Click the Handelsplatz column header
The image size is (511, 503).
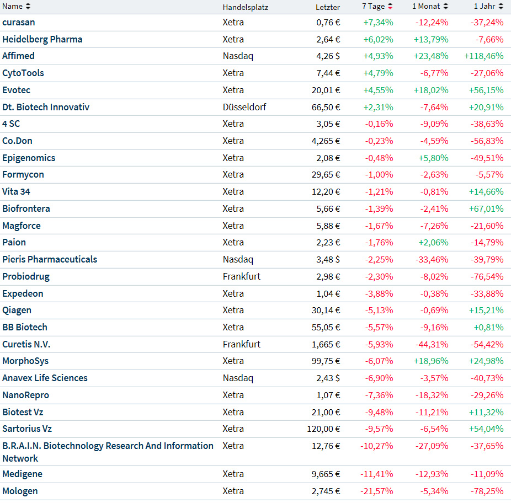[245, 7]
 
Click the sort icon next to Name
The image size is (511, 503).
[28, 7]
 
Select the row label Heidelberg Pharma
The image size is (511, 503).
[42, 39]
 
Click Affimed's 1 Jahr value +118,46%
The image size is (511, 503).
[484, 56]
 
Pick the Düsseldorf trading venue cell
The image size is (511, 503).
[244, 107]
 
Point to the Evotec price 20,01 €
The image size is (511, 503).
[326, 90]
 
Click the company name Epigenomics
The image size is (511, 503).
[29, 158]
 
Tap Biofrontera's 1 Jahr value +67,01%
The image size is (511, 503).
[486, 208]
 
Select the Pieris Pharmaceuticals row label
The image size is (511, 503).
[50, 259]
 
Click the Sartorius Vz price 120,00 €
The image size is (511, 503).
[323, 429]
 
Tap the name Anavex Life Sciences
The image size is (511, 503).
[45, 378]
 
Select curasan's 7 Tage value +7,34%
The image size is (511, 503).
[378, 22]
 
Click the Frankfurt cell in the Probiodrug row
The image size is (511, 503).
[242, 276]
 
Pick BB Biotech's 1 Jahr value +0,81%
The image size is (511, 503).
[488, 327]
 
